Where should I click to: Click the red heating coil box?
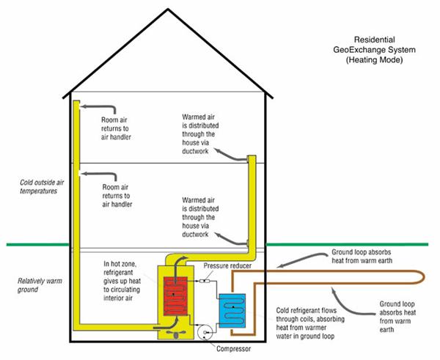pyautogui.click(x=175, y=296)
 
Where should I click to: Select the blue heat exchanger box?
pyautogui.click(x=232, y=311)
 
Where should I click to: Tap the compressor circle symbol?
pyautogui.click(x=205, y=332)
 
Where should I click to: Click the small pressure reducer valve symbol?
pyautogui.click(x=205, y=281)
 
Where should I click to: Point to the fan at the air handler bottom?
pyautogui.click(x=176, y=334)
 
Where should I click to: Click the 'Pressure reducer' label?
pyautogui.click(x=227, y=265)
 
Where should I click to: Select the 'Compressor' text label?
pyautogui.click(x=233, y=349)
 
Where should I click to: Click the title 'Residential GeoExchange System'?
pyautogui.click(x=374, y=45)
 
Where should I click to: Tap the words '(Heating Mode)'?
pyautogui.click(x=374, y=60)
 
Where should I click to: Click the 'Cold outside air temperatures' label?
pyautogui.click(x=42, y=186)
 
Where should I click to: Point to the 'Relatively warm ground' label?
pyautogui.click(x=40, y=285)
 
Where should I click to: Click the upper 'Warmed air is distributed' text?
pyautogui.click(x=200, y=134)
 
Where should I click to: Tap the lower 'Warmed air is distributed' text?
pyautogui.click(x=200, y=217)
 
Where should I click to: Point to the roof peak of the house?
pyautogui.click(x=168, y=10)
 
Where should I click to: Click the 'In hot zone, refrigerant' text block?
pyautogui.click(x=122, y=281)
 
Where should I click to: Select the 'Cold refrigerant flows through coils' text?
pyautogui.click(x=310, y=323)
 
